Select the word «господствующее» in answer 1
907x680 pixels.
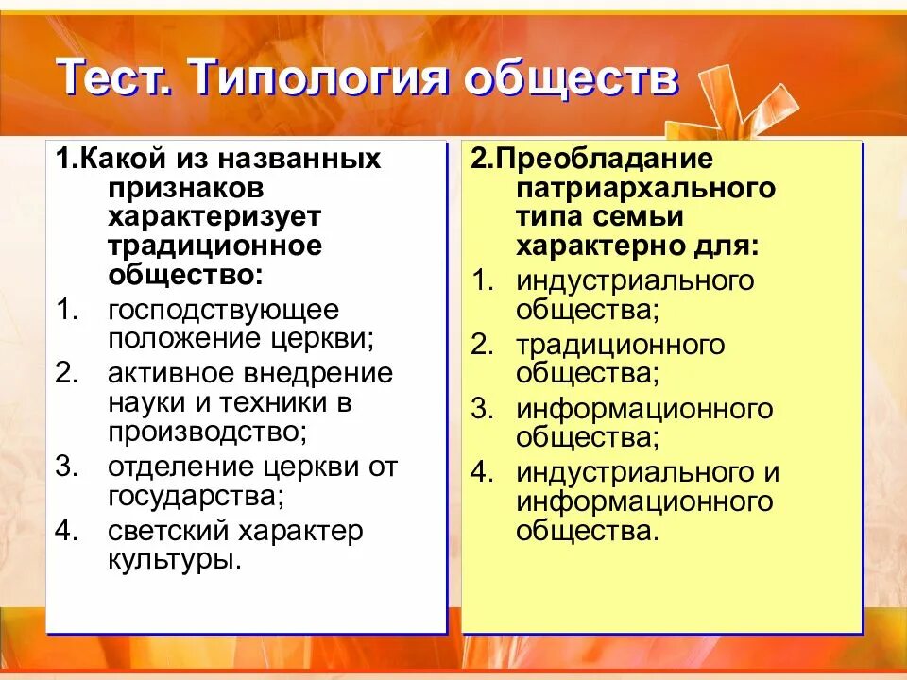223,310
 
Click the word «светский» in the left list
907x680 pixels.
164,531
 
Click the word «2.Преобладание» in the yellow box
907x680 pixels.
592,159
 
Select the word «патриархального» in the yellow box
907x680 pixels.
646,187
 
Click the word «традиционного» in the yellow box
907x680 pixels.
621,345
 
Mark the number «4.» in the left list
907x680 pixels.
65,531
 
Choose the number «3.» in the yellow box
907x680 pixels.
483,409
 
